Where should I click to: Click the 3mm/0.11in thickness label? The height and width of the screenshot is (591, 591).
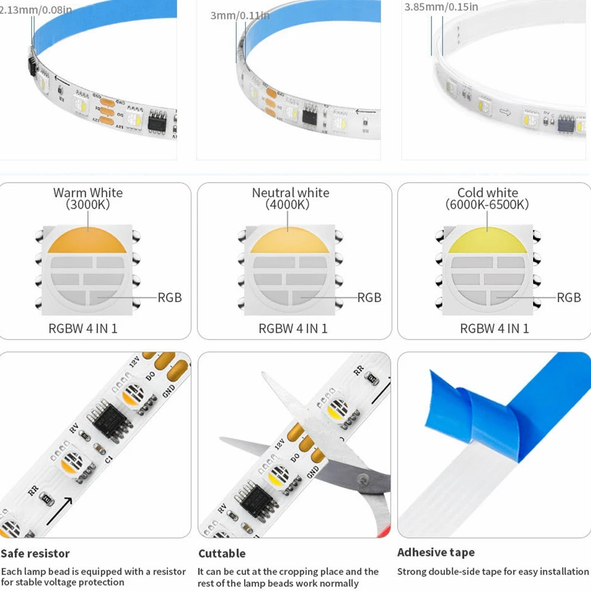240,15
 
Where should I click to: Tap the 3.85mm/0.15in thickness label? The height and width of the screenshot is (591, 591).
441,8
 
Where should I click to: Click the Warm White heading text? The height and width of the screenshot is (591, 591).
88,193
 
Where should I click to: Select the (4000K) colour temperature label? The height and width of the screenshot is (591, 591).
288,205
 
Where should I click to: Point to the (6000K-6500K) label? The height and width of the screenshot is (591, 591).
487,205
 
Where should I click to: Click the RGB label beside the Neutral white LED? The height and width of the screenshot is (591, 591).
369,297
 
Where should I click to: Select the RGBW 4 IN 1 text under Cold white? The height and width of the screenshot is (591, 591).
495,329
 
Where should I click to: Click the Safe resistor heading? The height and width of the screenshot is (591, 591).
35,554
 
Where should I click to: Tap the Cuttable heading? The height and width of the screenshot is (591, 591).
222,554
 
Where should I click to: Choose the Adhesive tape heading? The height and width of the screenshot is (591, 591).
436,553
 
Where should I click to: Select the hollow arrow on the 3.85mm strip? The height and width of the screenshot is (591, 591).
505,112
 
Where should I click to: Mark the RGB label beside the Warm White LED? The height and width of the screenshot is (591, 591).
170,297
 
